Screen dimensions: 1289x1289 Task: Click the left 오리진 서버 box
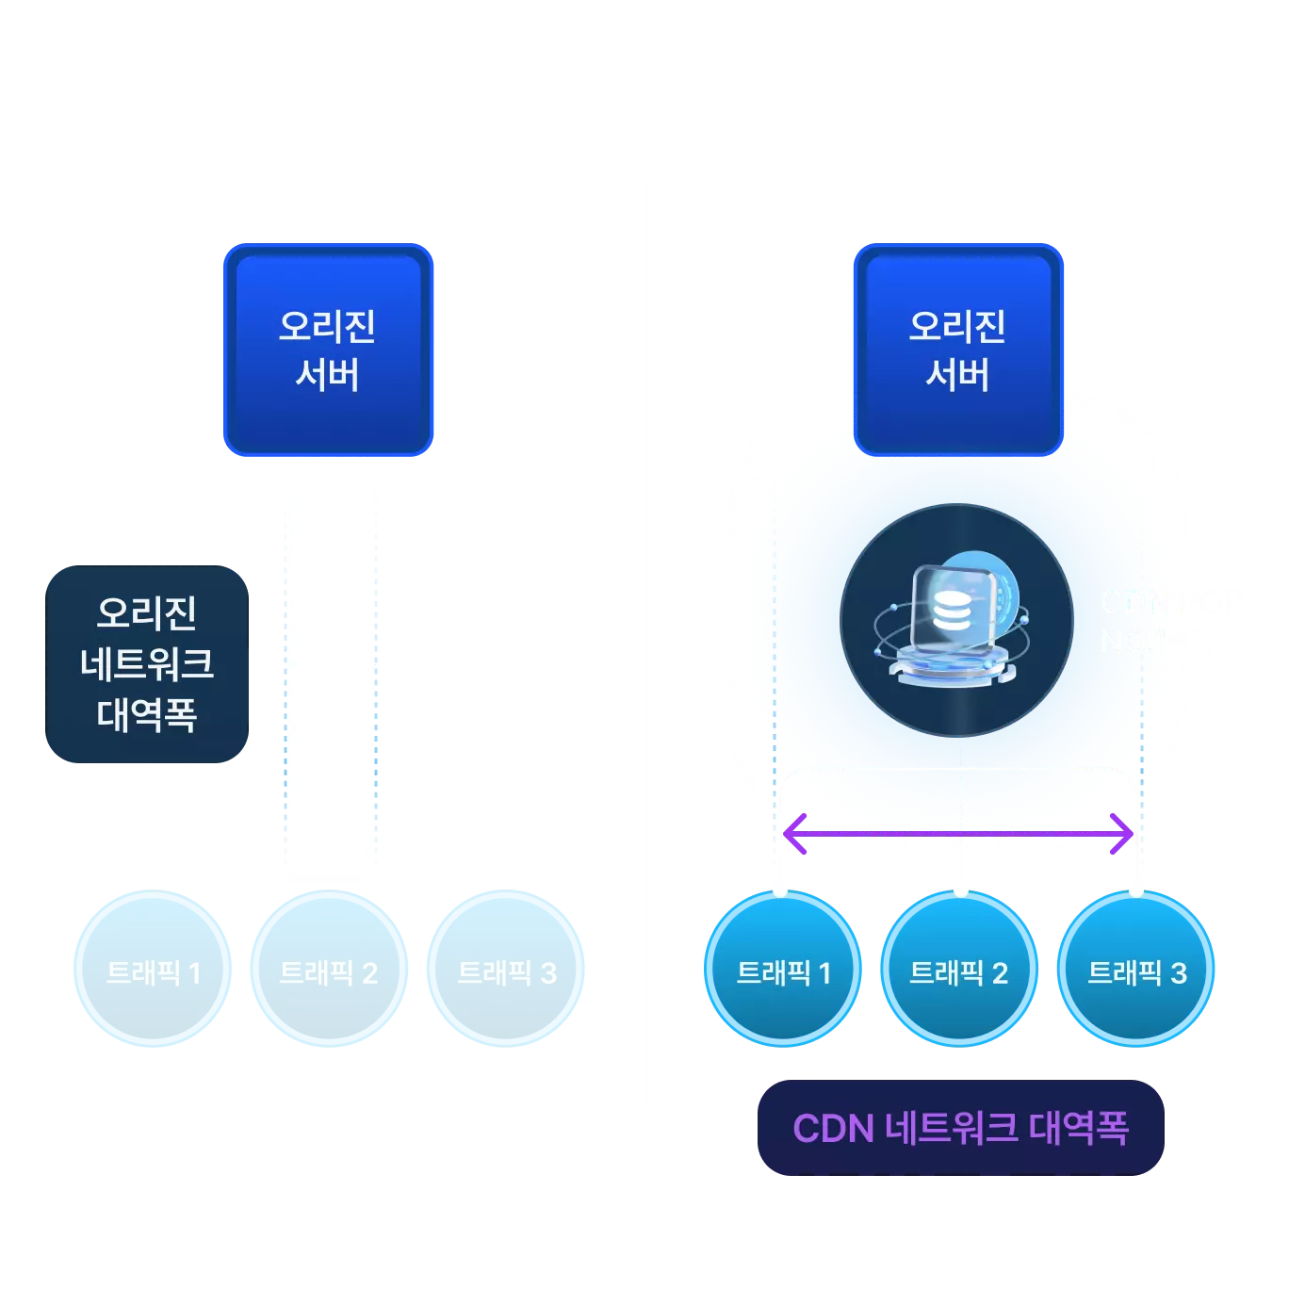coord(328,351)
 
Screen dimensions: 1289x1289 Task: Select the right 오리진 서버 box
coord(958,351)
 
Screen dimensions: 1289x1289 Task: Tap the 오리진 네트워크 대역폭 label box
coord(147,664)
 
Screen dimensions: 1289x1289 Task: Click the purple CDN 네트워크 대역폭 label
coord(960,1128)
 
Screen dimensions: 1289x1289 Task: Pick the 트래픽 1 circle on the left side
coord(153,970)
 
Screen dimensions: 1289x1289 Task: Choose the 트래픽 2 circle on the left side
coord(329,970)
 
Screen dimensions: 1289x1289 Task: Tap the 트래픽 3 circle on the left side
coord(507,970)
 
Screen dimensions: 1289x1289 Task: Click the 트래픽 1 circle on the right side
coord(782,970)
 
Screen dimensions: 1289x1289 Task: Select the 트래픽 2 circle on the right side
coord(958,970)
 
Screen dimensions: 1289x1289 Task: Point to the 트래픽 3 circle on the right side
coord(1136,970)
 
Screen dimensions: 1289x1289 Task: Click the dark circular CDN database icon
coord(957,620)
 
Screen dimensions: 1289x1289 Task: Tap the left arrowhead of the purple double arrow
coord(793,834)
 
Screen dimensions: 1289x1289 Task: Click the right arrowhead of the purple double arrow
coord(1123,834)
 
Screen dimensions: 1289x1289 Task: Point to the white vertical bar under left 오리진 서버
coord(332,673)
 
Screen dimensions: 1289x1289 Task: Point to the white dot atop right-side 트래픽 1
coord(779,890)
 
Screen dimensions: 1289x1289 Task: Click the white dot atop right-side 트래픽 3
coord(1136,890)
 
